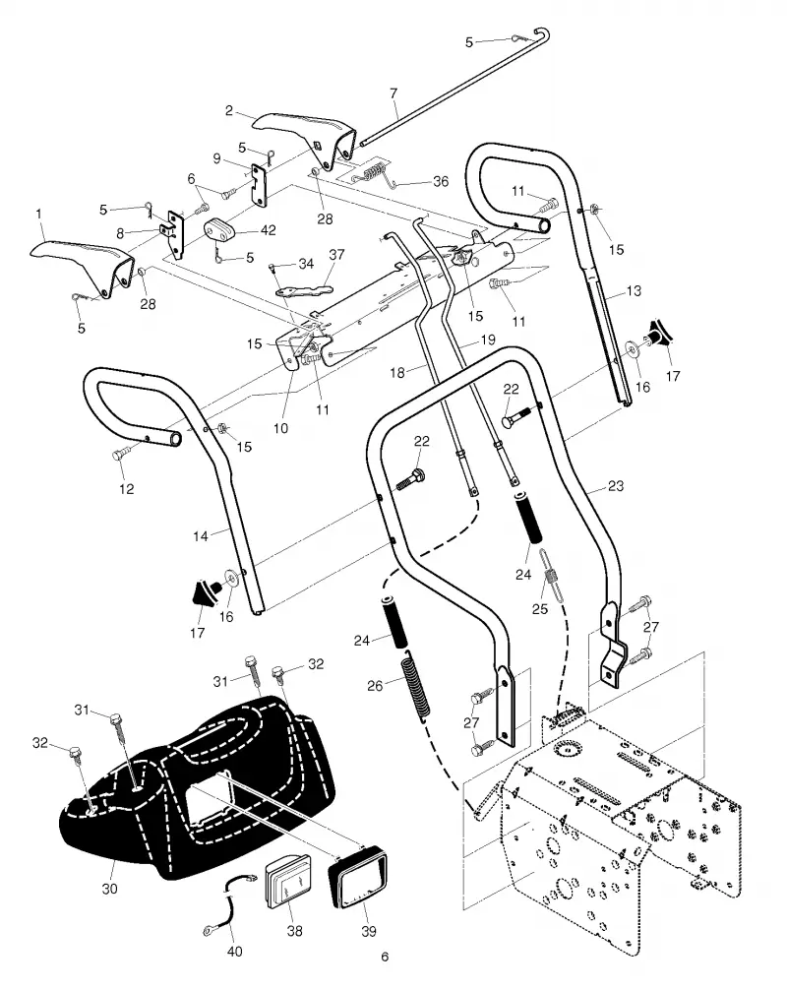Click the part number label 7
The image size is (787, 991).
click(393, 93)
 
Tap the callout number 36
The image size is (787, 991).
click(441, 181)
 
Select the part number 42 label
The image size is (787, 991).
click(268, 230)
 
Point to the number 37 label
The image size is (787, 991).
click(336, 254)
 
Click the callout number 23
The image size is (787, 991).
click(615, 485)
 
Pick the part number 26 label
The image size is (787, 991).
click(375, 686)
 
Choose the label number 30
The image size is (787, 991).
click(109, 889)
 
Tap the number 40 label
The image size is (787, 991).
click(234, 952)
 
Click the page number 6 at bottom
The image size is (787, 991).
click(385, 957)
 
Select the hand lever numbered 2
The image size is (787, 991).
click(302, 138)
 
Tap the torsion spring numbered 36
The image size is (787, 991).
click(375, 175)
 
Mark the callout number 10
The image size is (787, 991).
click(280, 428)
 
